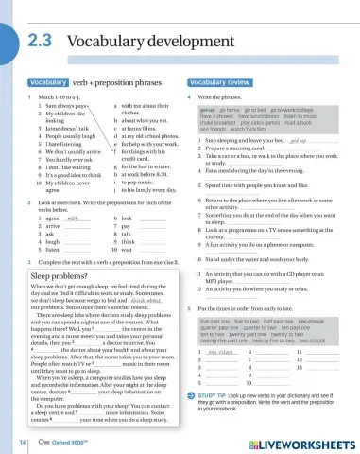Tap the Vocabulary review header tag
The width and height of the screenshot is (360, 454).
tap(218, 83)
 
